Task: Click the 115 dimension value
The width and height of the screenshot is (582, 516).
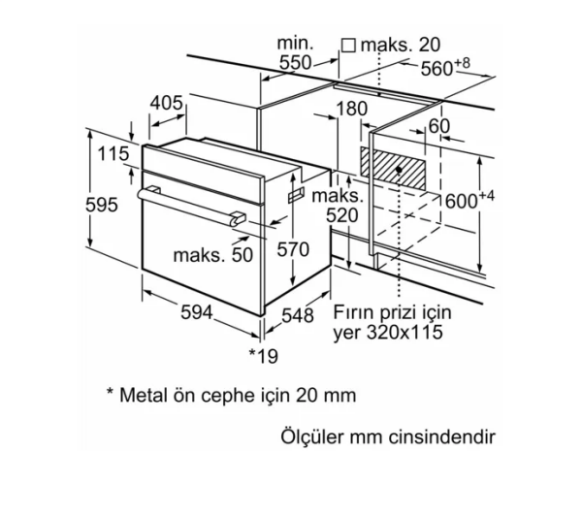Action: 113,152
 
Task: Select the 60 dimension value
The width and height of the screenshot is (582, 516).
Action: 438,126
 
